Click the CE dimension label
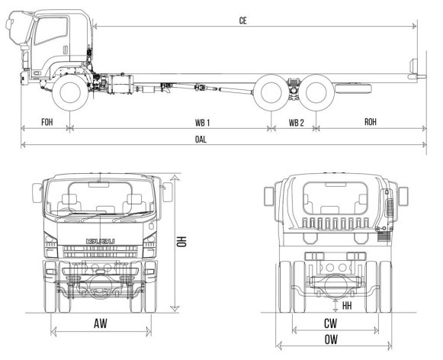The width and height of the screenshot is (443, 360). point(242,21)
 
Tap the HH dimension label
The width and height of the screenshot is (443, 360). point(347,305)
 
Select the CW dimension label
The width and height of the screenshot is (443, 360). point(330,323)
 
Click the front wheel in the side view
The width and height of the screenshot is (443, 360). point(71,93)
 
